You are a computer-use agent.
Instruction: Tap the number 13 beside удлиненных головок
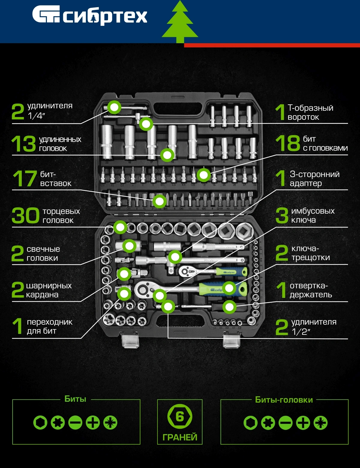tap(23, 143)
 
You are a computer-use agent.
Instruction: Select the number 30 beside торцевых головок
tap(25, 215)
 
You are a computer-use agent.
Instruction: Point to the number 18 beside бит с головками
tap(288, 143)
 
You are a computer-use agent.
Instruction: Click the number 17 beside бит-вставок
tap(25, 178)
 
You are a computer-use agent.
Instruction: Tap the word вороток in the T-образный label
tap(303, 117)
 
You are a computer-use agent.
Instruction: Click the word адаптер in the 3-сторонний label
tap(306, 184)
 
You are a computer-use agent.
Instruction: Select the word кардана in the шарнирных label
tap(42, 295)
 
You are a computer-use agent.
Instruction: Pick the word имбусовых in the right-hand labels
tap(313, 211)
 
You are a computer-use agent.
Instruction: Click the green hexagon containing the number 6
tap(180, 416)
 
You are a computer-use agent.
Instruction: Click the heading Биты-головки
tap(284, 400)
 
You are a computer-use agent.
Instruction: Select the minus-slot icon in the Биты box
tap(75, 422)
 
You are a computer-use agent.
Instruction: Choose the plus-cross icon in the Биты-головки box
tap(303, 423)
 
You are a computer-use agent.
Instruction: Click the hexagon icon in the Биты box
tap(40, 422)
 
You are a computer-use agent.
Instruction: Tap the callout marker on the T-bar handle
tap(146, 124)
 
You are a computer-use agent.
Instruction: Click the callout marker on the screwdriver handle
tap(229, 307)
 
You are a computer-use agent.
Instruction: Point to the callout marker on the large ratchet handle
tap(229, 288)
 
